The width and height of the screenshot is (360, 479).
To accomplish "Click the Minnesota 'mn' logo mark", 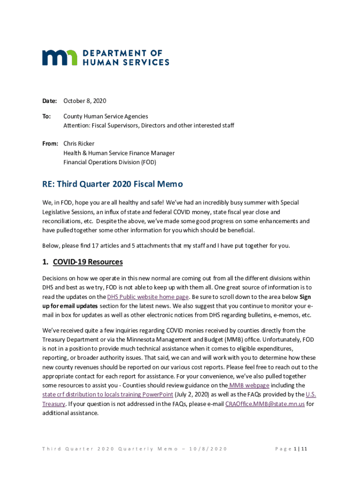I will [60, 57].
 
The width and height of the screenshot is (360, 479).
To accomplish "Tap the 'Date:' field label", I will [50, 101].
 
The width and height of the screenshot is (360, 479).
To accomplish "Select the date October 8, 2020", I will [85, 101].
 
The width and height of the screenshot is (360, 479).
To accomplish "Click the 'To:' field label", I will [47, 116].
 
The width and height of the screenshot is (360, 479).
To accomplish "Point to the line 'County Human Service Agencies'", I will [106, 116].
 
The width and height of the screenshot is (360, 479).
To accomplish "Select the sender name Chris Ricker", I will [79, 144].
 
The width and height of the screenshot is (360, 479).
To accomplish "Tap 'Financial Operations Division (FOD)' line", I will [110, 162].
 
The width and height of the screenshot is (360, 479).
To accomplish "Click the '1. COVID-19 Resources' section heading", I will [83, 262].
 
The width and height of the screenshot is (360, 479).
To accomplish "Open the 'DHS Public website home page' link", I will [148, 297].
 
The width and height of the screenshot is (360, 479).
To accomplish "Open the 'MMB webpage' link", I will [249, 385].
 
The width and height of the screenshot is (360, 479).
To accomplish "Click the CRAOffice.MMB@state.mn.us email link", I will [265, 404].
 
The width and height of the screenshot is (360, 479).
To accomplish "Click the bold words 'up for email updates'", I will [70, 306].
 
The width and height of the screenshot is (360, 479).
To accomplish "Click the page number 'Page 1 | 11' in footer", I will [291, 449].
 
